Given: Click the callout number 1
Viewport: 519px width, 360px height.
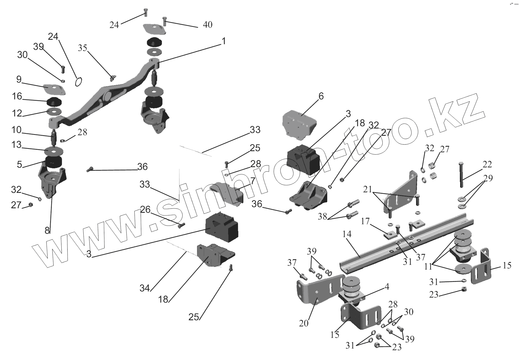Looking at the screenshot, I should coord(223,41).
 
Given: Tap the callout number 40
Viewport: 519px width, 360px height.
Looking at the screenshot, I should coord(207,25).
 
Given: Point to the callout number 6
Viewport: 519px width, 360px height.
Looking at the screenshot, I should coord(321,96).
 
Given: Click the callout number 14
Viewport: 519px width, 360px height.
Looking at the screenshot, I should coord(347,234).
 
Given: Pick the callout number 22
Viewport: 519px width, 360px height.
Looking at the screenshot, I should coord(487,164).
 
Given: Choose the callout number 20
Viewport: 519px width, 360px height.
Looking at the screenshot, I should coord(304,323).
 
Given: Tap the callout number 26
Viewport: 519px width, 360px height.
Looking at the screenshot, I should coord(146,209).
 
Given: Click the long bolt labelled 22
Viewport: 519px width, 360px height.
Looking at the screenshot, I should coord(461,175).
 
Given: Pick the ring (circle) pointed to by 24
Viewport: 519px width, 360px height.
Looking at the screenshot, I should coord(79,82).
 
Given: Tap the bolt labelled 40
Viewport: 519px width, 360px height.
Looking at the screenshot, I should coord(165,21).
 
